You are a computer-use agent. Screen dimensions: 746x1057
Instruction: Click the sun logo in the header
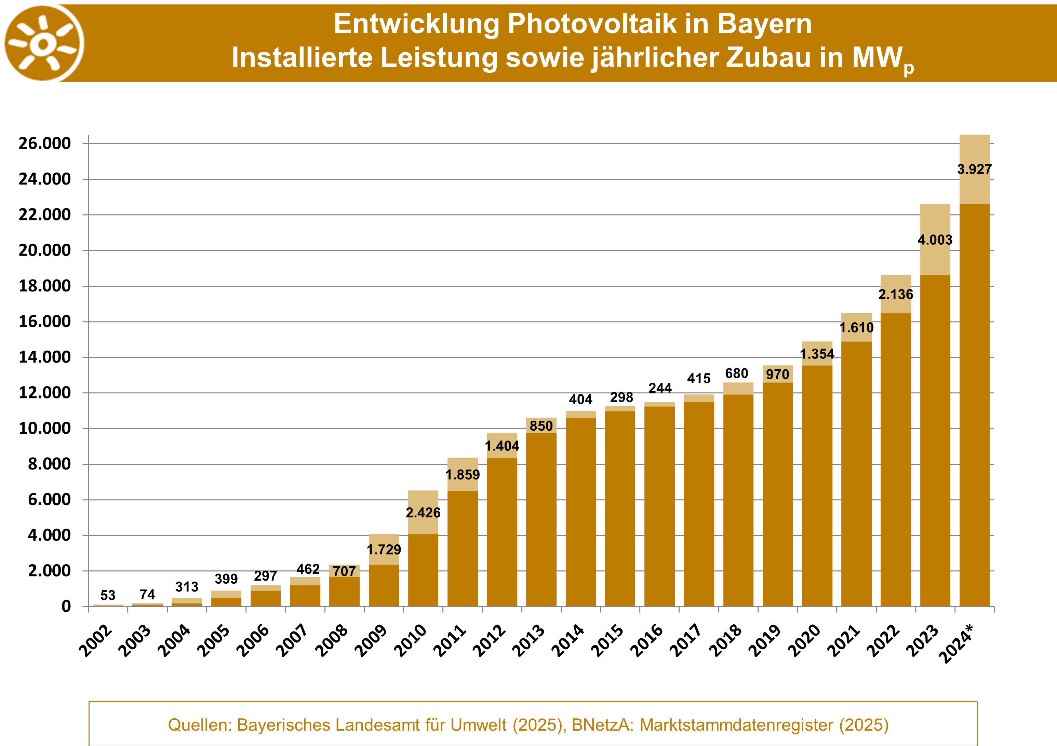(x=44, y=43)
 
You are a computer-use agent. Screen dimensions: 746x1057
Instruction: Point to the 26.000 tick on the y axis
(x=45, y=144)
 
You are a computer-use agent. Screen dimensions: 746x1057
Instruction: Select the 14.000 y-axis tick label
(x=45, y=357)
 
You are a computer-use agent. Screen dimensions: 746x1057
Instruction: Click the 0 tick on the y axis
(x=66, y=607)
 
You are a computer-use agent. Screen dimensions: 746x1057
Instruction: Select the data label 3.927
(x=974, y=169)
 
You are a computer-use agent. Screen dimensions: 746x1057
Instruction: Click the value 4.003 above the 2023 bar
(x=935, y=240)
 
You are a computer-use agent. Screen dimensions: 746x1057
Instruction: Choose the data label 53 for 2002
(x=108, y=596)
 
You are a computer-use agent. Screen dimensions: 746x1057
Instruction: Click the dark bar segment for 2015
(x=620, y=508)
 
